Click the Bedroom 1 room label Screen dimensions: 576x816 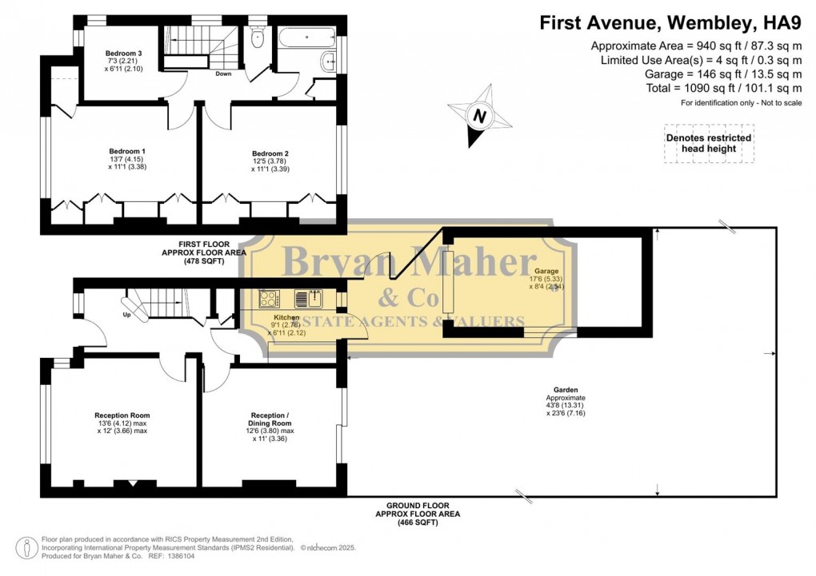pyautogui.click(x=127, y=151)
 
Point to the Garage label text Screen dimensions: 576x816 pyautogui.click(x=547, y=271)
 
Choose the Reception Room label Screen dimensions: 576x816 pyautogui.click(x=122, y=415)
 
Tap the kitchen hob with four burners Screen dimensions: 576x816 pyautogui.click(x=268, y=299)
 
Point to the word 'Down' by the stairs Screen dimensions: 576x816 pyautogui.click(x=225, y=74)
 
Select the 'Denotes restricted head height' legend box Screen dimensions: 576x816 pyautogui.click(x=708, y=144)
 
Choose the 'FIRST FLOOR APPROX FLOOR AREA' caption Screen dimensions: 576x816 pyautogui.click(x=204, y=251)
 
